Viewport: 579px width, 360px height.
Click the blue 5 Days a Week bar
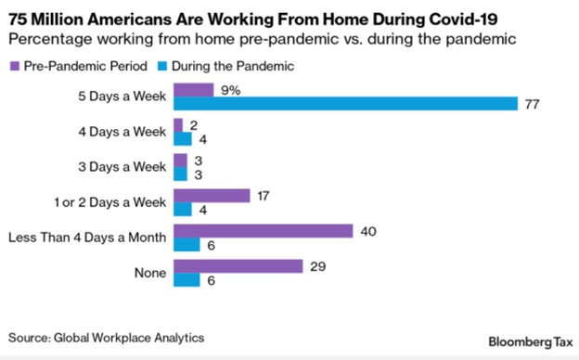tap(345, 104)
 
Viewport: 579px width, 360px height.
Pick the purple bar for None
tap(238, 266)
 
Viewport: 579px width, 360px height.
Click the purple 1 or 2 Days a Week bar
tap(212, 196)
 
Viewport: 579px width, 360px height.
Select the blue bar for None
tap(187, 280)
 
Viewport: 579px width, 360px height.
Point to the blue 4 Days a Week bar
tap(183, 139)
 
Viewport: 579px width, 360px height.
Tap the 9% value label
tap(228, 90)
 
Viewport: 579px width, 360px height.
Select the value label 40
tap(367, 231)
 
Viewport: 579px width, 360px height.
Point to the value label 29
tap(318, 266)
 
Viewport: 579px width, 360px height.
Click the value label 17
tap(264, 196)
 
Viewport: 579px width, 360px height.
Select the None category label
tap(149, 273)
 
